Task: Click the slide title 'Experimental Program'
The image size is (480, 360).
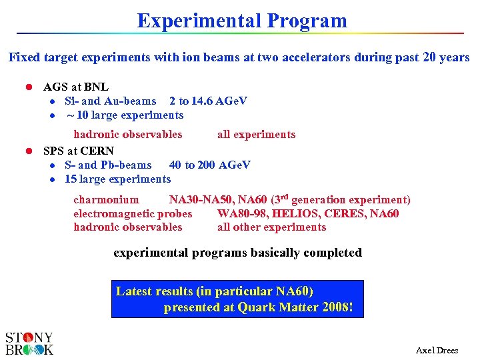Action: tap(242, 21)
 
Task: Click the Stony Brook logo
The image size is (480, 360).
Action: tap(29, 343)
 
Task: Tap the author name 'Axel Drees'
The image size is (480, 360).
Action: tap(437, 350)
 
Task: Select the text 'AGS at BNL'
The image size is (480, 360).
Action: tap(76, 87)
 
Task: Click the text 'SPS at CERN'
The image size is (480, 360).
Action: tap(79, 151)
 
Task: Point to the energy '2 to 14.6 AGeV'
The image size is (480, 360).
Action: tap(208, 101)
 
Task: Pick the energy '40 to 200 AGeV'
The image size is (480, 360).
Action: tap(210, 165)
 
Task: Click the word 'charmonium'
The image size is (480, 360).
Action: tap(106, 199)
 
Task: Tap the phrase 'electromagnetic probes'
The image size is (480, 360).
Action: tap(133, 213)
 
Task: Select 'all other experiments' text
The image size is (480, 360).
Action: tap(271, 227)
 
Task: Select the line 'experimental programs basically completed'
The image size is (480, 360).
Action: tap(237, 253)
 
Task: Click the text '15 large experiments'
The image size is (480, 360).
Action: tap(117, 179)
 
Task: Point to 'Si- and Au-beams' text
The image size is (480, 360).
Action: tap(110, 101)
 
